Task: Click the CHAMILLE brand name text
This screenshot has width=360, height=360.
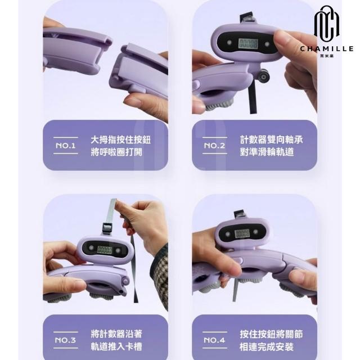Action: pos(327,48)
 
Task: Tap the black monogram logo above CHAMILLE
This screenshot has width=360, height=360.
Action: pos(327,24)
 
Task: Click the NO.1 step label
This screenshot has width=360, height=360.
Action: pos(66,146)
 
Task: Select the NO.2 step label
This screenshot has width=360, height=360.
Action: pos(215,146)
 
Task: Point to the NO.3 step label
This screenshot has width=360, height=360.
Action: pos(65,340)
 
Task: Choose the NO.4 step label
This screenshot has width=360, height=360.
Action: pos(214,340)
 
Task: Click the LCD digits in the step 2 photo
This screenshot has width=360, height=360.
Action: pos(248,43)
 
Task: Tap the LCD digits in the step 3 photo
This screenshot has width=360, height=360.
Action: pos(105,250)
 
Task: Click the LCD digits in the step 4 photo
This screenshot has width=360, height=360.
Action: pos(242,234)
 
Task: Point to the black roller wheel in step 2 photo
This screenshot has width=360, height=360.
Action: pos(264,76)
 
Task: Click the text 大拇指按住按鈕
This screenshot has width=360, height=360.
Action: pos(121,140)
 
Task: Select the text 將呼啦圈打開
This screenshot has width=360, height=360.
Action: pos(116,152)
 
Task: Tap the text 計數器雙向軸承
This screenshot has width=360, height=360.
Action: pos(271,139)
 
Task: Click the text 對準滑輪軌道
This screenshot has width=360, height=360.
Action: pos(267,152)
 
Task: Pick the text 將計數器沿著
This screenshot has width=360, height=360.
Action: pos(116,334)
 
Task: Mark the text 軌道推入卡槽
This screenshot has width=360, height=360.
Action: pos(116,346)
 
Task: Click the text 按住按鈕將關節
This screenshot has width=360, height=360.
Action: pos(271,334)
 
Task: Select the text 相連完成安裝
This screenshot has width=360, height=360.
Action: pos(267,346)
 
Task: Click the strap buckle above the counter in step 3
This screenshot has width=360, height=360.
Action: pos(107,228)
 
